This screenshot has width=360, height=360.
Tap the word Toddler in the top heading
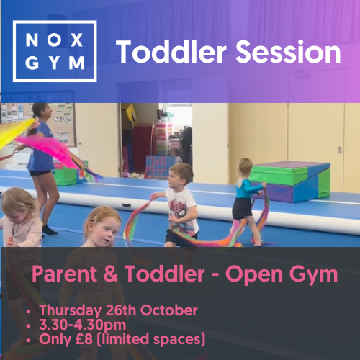[171, 52]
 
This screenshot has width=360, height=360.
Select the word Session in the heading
[288, 52]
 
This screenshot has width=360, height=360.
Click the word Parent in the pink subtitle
[64, 274]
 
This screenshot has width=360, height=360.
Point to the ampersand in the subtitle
[111, 274]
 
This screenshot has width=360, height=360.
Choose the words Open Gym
[282, 275]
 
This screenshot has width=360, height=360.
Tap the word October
[168, 310]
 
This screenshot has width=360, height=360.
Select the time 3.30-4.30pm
[83, 325]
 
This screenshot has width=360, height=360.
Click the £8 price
[84, 339]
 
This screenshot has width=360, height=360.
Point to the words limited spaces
[151, 340]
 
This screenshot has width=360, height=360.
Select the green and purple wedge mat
[290, 181]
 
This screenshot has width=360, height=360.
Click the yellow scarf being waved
[15, 131]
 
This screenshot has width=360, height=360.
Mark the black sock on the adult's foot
[49, 230]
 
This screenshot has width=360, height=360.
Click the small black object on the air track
[126, 204]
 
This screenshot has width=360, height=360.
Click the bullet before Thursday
[29, 312]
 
